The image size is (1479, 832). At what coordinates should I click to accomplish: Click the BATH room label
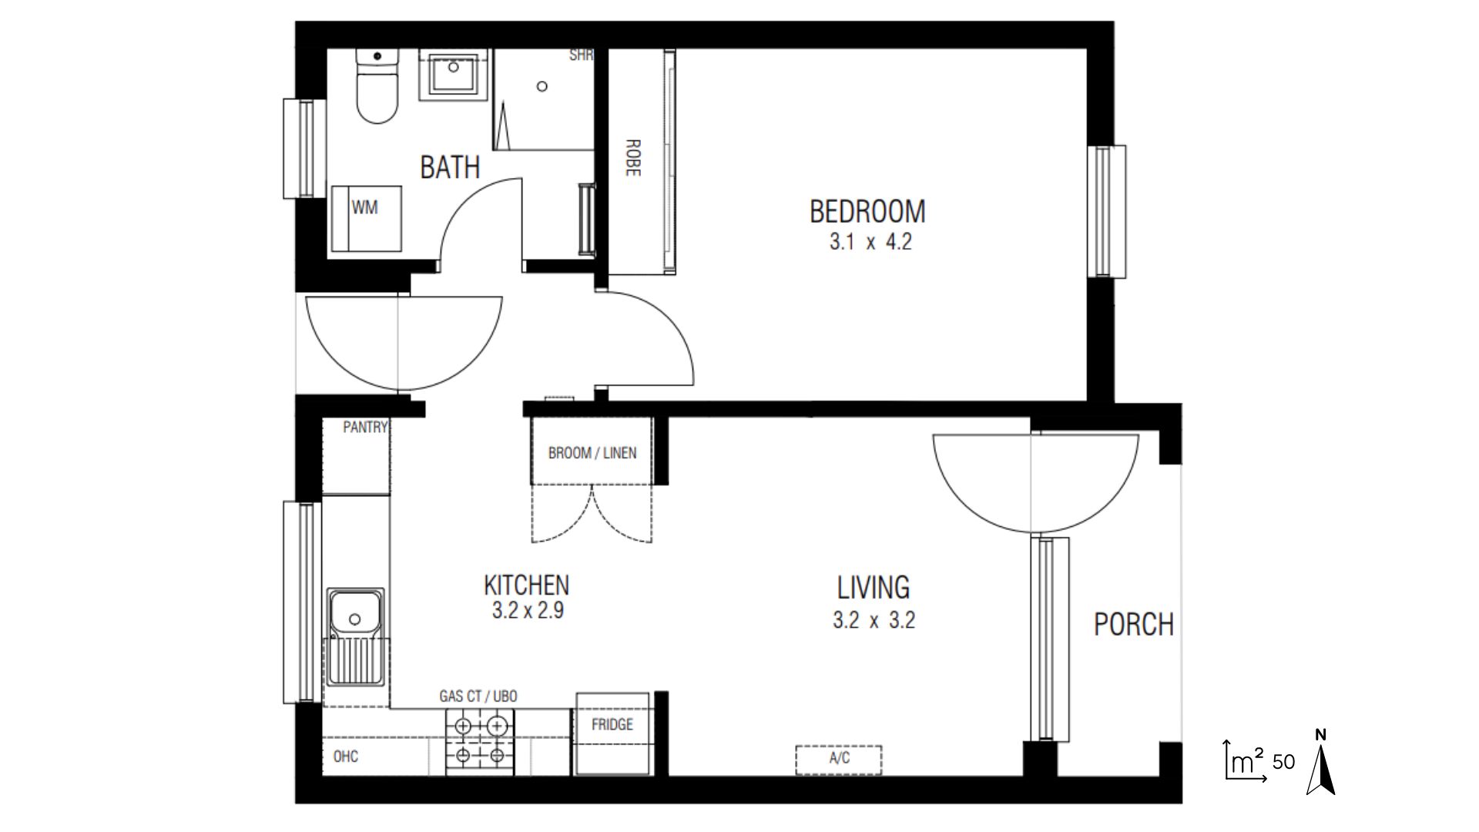tap(450, 166)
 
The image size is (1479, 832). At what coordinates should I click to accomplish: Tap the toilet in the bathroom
tap(377, 91)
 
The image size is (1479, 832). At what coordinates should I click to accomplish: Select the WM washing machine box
tap(365, 219)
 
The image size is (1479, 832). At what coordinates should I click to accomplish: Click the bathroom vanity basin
tap(453, 74)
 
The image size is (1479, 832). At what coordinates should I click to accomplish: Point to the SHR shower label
tap(581, 55)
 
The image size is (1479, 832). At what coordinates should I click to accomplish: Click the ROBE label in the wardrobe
tap(633, 158)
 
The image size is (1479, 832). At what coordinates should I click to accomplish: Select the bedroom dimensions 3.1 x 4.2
tap(870, 242)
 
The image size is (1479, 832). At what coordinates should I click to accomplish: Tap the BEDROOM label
tap(867, 210)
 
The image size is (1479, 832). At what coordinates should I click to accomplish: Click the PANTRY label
tap(365, 428)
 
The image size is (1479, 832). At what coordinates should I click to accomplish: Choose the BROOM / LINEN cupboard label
tap(592, 453)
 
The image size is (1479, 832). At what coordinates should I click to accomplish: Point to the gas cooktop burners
tap(479, 740)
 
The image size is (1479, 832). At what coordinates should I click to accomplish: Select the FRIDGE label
tap(612, 725)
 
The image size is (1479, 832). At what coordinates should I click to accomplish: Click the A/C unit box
tap(839, 759)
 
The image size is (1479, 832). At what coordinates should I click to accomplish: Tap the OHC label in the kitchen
tap(346, 757)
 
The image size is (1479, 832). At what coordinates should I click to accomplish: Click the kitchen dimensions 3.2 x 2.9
tap(528, 611)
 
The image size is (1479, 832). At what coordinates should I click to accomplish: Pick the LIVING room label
tap(874, 588)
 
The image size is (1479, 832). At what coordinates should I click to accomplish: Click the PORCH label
tap(1133, 624)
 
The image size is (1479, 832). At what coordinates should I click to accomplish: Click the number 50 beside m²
tap(1283, 762)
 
